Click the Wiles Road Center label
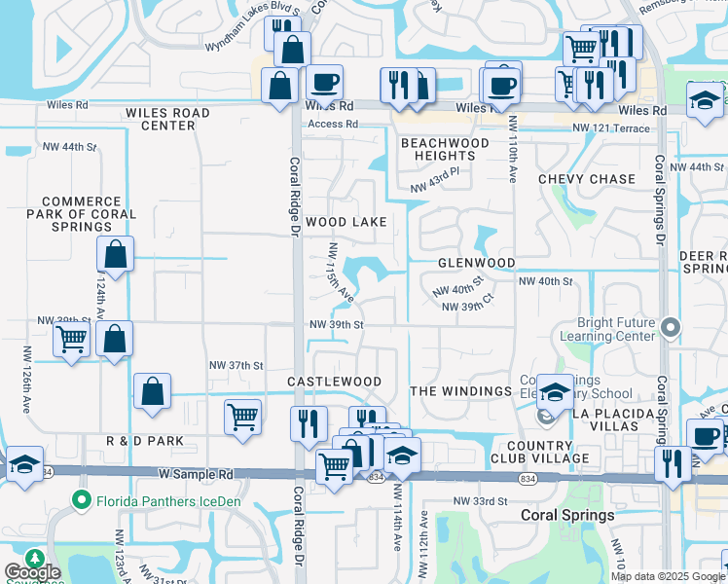[167, 119]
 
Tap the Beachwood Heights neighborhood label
[445, 149]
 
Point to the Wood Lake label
[346, 222]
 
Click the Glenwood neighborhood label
[476, 263]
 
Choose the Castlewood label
[334, 381]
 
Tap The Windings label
[460, 390]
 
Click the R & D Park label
[145, 441]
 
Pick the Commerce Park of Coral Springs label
[89, 214]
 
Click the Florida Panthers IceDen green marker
[83, 501]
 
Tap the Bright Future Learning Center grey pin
[669, 327]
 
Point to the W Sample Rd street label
[196, 475]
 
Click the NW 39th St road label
[336, 324]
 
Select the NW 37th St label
[237, 365]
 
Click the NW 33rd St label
[482, 500]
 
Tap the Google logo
[32, 572]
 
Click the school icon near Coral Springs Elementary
[555, 393]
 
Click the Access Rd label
[333, 125]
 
